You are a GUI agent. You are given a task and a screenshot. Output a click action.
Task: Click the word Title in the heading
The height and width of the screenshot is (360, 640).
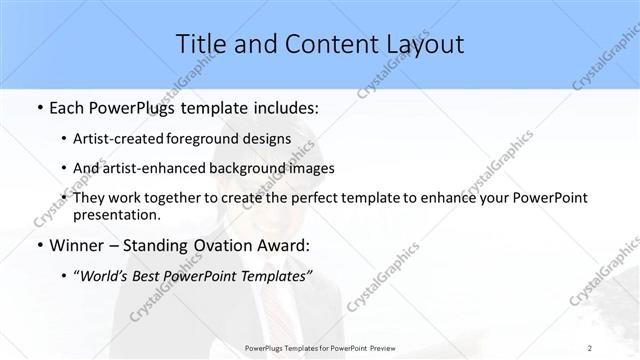coord(200,44)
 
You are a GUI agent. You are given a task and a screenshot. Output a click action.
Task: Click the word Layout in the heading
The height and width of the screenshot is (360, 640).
coord(420,44)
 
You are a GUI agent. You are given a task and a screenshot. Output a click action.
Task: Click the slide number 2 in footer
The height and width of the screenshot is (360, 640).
coord(590,347)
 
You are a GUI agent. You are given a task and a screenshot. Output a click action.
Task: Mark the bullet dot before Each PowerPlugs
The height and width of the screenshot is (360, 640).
coord(37,107)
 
